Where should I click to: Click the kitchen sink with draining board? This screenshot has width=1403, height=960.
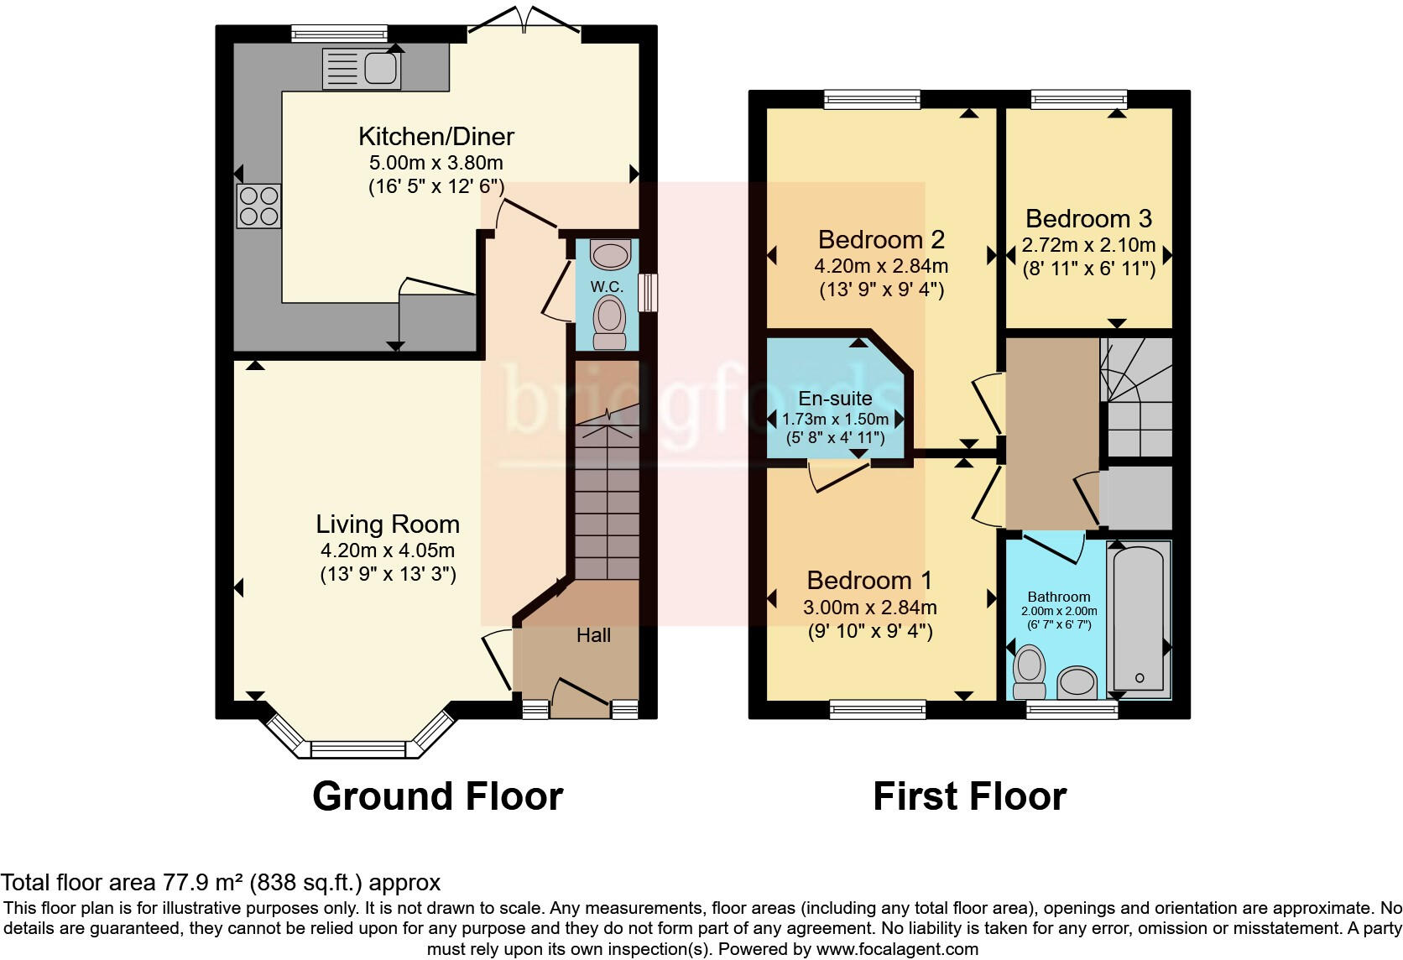[362, 68]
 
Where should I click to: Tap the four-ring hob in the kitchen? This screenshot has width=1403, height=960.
[258, 206]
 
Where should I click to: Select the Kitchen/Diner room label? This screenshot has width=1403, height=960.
[436, 136]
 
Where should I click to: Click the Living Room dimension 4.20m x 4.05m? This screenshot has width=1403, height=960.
[388, 551]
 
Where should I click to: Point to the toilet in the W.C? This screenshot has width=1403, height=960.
[609, 324]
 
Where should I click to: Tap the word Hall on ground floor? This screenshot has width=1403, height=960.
[593, 635]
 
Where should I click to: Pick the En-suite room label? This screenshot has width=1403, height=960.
[835, 399]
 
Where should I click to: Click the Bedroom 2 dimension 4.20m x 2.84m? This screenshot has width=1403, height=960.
[881, 267]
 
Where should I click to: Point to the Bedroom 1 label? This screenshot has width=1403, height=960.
[869, 580]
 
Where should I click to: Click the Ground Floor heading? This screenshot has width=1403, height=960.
[437, 796]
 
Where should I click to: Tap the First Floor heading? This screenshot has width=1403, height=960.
[969, 796]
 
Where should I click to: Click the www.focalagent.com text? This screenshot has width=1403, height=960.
[896, 949]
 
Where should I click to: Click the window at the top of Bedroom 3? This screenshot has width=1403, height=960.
[1078, 100]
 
